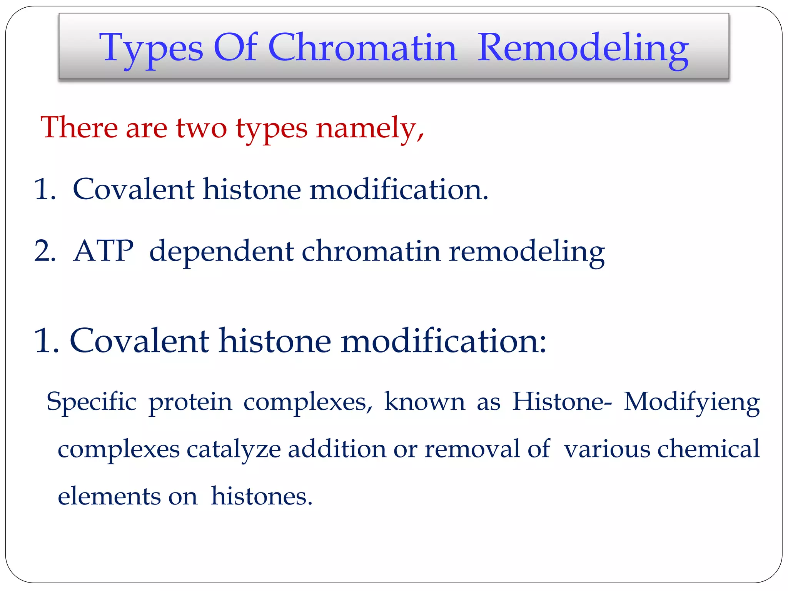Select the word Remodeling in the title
(583, 48)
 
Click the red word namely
(370, 129)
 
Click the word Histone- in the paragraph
(561, 402)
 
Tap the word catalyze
(234, 449)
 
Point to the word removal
(472, 449)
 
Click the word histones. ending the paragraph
(262, 496)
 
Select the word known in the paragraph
(424, 402)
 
